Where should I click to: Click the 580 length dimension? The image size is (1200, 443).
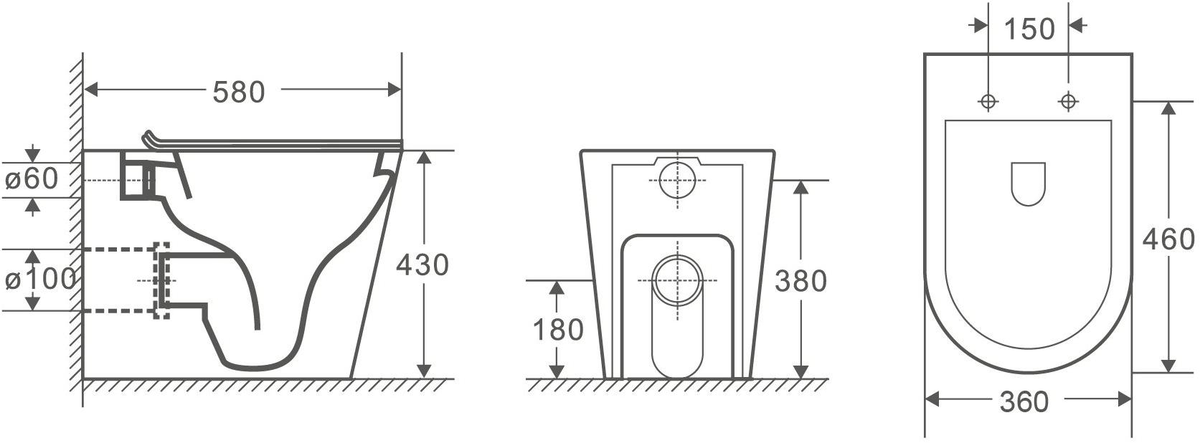(x=239, y=92)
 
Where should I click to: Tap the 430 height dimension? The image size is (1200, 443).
(x=422, y=265)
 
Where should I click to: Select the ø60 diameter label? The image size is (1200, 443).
(x=31, y=178)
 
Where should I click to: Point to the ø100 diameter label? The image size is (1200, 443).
(x=40, y=279)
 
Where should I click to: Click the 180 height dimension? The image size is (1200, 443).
(x=558, y=330)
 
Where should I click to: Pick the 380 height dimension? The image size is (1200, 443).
(x=801, y=281)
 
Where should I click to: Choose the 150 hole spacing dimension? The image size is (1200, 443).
(x=1029, y=29)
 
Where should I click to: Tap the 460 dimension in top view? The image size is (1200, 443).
(x=1168, y=239)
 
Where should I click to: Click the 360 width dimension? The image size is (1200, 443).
(x=1024, y=401)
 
